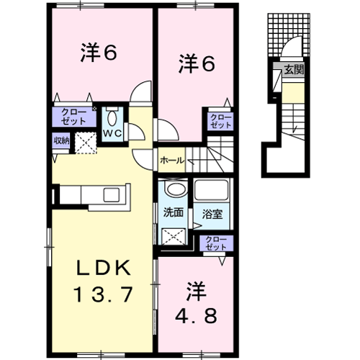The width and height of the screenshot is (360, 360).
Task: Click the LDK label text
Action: click(x=104, y=268)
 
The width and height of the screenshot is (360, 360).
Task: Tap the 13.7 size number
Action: click(x=104, y=294)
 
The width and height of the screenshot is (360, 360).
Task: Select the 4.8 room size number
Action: click(x=196, y=315)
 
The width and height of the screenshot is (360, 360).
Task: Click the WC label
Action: click(x=112, y=134)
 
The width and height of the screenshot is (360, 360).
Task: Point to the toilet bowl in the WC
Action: click(x=112, y=118)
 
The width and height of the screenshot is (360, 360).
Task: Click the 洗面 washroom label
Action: click(x=174, y=212)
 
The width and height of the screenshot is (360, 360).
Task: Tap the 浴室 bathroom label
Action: click(x=212, y=214)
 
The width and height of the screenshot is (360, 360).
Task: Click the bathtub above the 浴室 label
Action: click(x=212, y=190)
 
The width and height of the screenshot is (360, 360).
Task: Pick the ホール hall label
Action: click(x=172, y=161)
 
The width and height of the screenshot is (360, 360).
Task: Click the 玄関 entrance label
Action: click(x=294, y=70)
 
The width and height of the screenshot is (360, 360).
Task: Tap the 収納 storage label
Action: click(x=61, y=140)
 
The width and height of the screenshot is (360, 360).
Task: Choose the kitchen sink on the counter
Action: click(x=112, y=194)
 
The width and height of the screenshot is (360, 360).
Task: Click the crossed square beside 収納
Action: click(x=86, y=143)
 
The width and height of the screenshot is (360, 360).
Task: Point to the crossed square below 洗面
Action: click(x=174, y=237)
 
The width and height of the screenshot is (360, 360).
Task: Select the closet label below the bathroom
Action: click(x=216, y=243)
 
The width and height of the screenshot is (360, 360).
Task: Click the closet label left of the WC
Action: click(x=74, y=117)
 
